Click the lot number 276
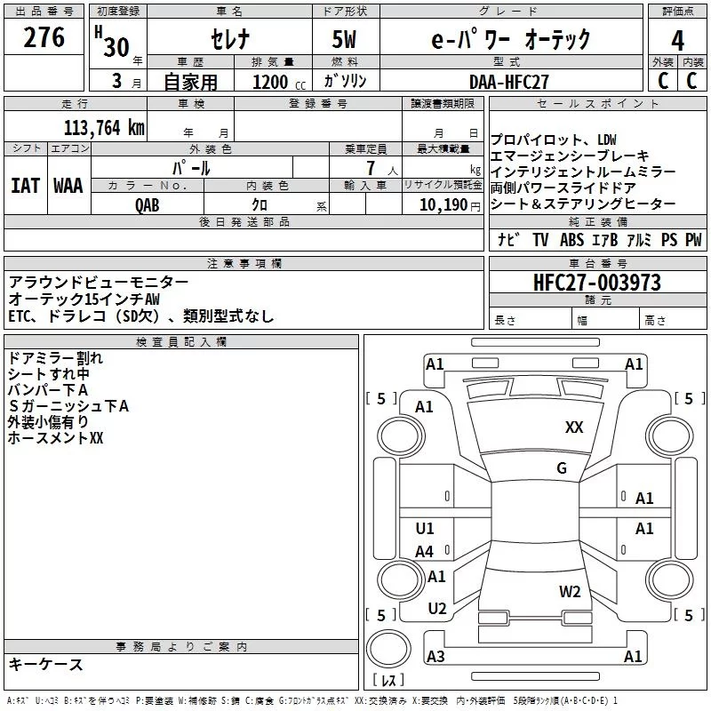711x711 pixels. click(45, 38)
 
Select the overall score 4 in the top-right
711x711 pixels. click(678, 41)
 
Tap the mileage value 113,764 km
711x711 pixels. click(104, 127)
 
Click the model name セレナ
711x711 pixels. click(228, 40)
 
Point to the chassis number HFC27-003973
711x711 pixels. click(597, 284)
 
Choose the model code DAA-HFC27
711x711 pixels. click(509, 81)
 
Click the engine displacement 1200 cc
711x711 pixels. click(276, 81)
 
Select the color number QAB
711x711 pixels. click(148, 204)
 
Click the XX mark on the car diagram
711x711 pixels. click(574, 427)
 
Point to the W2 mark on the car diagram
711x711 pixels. click(570, 591)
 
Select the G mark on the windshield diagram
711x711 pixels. click(562, 468)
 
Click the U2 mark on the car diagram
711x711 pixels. click(436, 609)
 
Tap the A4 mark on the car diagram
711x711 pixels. click(425, 552)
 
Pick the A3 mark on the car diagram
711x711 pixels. click(435, 657)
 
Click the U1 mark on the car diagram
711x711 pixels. click(425, 529)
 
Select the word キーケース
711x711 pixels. click(45, 664)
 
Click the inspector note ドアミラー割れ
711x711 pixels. click(55, 358)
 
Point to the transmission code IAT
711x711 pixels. click(25, 186)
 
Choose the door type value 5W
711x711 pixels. click(346, 40)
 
